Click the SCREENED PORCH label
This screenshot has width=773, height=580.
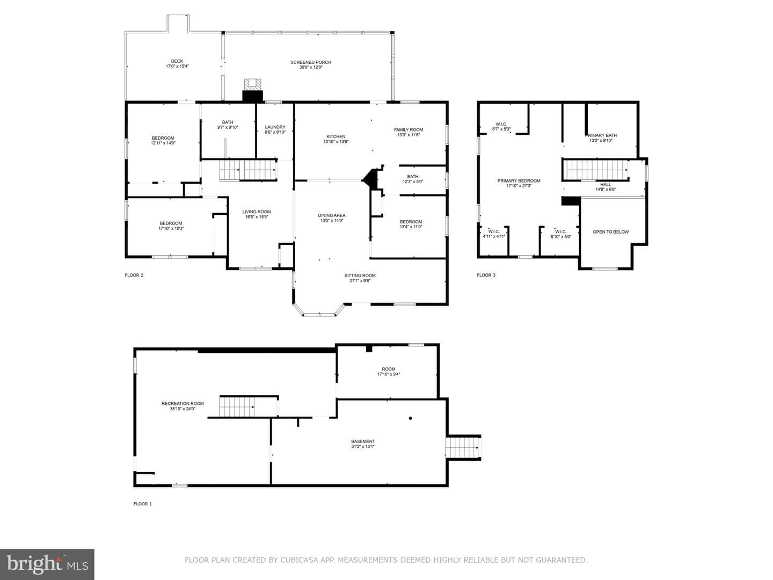311,62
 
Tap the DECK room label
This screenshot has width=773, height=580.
177,61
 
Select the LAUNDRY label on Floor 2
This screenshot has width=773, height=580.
275,127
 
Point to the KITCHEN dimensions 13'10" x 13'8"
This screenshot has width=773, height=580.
336,142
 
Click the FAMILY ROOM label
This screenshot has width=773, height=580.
409,129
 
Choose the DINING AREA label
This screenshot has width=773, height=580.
332,215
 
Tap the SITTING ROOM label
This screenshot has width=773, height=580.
360,275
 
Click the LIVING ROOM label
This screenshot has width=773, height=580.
257,212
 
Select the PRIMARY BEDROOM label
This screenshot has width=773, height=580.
519,180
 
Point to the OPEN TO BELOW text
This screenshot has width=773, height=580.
611,231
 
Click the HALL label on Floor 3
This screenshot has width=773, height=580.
606,185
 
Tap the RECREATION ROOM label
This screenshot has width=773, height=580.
183,403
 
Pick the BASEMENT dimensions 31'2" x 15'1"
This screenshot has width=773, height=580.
363,446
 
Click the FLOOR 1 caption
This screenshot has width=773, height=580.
143,504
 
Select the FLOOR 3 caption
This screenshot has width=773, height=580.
486,275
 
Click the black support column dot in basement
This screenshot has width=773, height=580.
410,418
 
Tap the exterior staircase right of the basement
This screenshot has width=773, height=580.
463,447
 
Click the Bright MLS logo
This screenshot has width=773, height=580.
47,564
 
